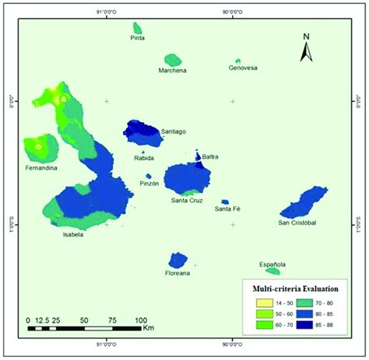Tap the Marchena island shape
click(172, 60)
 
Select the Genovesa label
click(241, 67)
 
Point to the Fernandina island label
click(40, 168)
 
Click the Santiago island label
click(174, 131)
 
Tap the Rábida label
click(144, 158)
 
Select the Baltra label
click(209, 157)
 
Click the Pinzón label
click(149, 183)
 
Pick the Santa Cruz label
click(187, 201)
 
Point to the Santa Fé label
click(227, 208)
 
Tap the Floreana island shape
click(178, 259)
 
